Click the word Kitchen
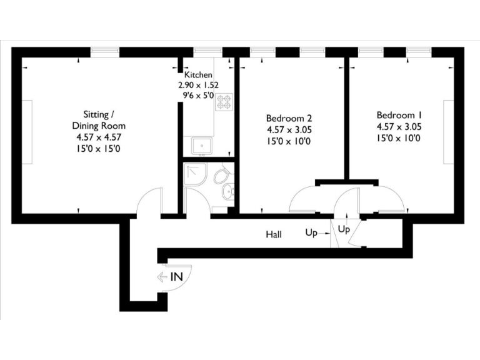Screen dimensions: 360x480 tap(198, 75)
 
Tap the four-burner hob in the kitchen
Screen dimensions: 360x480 tap(223, 102)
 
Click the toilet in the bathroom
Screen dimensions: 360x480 tap(221, 176)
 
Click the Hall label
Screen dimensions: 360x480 tap(274, 235)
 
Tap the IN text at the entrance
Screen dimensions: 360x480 tap(177, 276)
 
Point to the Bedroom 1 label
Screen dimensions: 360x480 tap(399, 116)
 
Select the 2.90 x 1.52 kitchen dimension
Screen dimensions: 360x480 tap(198, 86)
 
